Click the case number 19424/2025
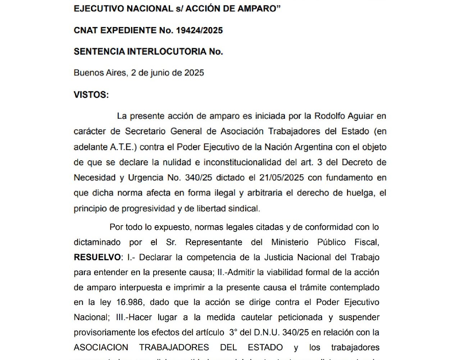(x=199, y=30)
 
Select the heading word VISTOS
(x=91, y=95)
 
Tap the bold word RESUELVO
(x=97, y=257)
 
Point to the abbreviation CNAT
(x=85, y=30)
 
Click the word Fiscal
(x=366, y=242)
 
